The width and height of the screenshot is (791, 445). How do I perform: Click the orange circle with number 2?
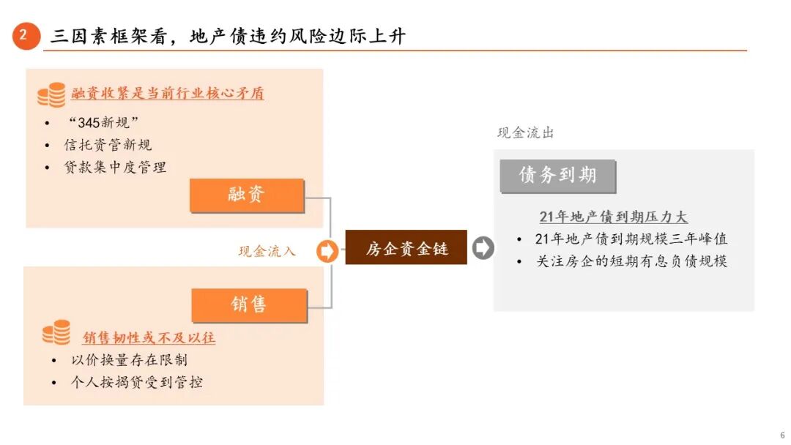click(x=26, y=36)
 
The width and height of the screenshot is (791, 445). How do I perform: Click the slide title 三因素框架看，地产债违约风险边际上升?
click(x=227, y=36)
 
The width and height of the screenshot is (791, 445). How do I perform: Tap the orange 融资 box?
click(x=247, y=195)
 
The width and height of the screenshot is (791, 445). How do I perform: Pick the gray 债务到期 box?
click(x=557, y=176)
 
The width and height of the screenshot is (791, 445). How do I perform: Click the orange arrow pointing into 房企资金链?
click(x=327, y=251)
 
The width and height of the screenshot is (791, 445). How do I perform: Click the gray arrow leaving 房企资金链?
click(x=483, y=248)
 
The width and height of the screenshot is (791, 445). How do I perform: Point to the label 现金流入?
click(x=267, y=251)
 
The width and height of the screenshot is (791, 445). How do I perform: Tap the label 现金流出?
click(x=526, y=132)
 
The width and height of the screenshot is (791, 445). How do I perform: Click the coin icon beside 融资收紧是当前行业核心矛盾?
click(x=51, y=94)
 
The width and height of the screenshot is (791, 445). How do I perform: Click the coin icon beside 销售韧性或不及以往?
click(x=56, y=333)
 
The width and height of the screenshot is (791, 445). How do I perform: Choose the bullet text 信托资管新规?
click(x=108, y=145)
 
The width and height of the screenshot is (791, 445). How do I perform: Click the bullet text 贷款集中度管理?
click(x=115, y=167)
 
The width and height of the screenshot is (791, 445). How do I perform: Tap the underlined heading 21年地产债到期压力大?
click(x=613, y=217)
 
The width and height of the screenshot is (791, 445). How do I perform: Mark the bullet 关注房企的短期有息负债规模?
click(x=631, y=261)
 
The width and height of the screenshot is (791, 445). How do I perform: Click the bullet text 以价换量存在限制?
click(x=129, y=359)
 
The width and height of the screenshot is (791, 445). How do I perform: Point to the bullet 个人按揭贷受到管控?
click(x=136, y=382)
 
